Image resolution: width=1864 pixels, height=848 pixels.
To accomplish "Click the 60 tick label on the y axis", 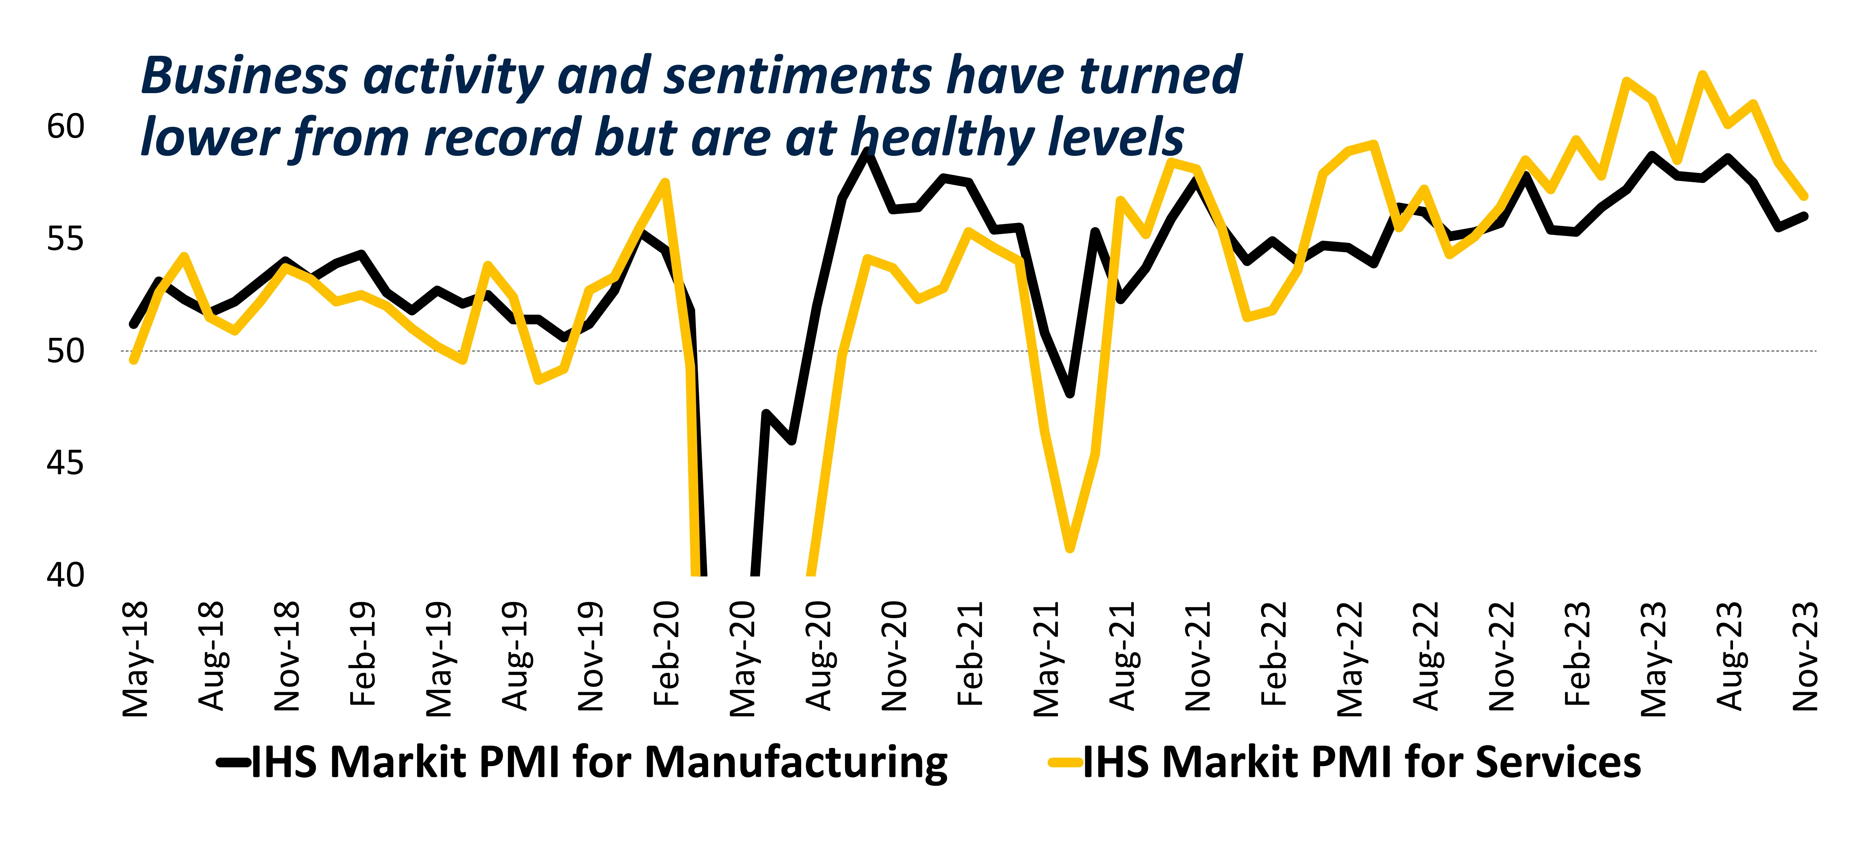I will [x=65, y=127].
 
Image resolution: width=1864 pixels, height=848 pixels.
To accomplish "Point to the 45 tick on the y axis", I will [x=65, y=463].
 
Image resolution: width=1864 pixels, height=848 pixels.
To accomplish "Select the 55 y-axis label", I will [x=65, y=239].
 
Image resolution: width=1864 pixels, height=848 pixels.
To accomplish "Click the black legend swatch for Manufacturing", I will [x=233, y=762].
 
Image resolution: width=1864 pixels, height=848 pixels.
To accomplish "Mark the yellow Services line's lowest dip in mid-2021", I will [x=1070, y=548].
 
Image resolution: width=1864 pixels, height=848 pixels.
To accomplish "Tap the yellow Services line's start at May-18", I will [x=134, y=359].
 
